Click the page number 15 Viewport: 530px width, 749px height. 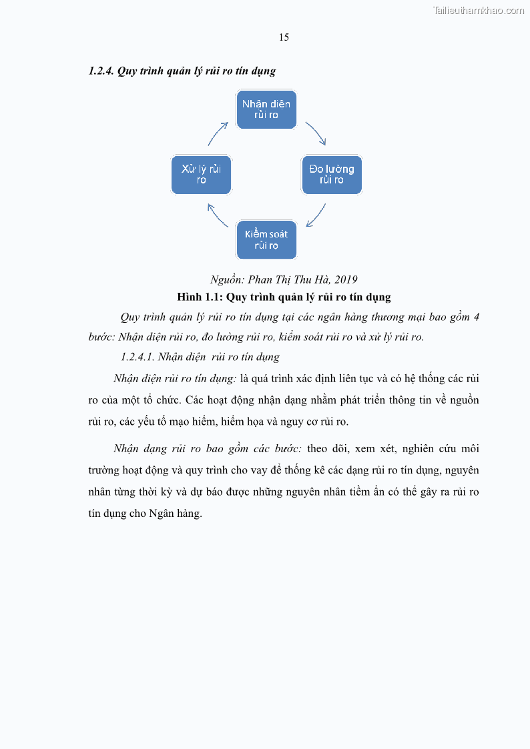tap(284, 37)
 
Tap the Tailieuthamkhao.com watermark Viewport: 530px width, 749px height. tap(479, 10)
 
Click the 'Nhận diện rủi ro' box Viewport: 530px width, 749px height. tap(266, 109)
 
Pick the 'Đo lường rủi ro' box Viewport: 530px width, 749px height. tap(332, 174)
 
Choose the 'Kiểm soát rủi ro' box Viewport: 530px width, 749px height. tap(266, 239)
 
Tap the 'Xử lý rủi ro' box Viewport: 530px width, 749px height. tap(201, 174)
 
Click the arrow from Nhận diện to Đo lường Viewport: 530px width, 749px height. tap(316, 133)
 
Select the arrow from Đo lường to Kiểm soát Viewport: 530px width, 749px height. tap(316, 216)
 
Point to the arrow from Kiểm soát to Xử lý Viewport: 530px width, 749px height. tap(217, 216)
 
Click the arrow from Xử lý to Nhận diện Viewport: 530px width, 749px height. tap(217, 133)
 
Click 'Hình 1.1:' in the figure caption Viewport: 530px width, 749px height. tap(200, 296)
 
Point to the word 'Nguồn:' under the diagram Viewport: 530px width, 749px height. tap(227, 279)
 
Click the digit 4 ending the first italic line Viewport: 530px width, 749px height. tap(476, 317)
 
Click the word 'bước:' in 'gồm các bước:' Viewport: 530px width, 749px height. tap(288, 448)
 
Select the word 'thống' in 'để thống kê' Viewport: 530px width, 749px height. tap(291, 470)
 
